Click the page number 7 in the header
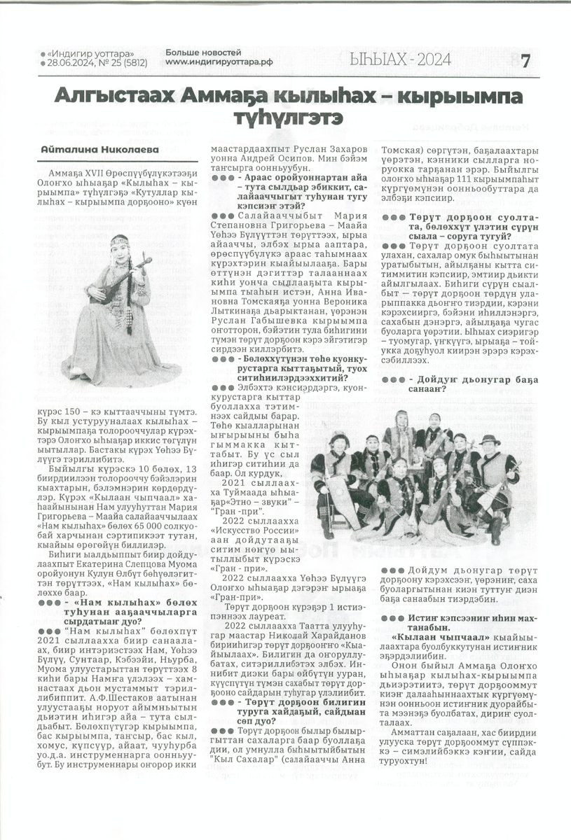pyautogui.click(x=545, y=61)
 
